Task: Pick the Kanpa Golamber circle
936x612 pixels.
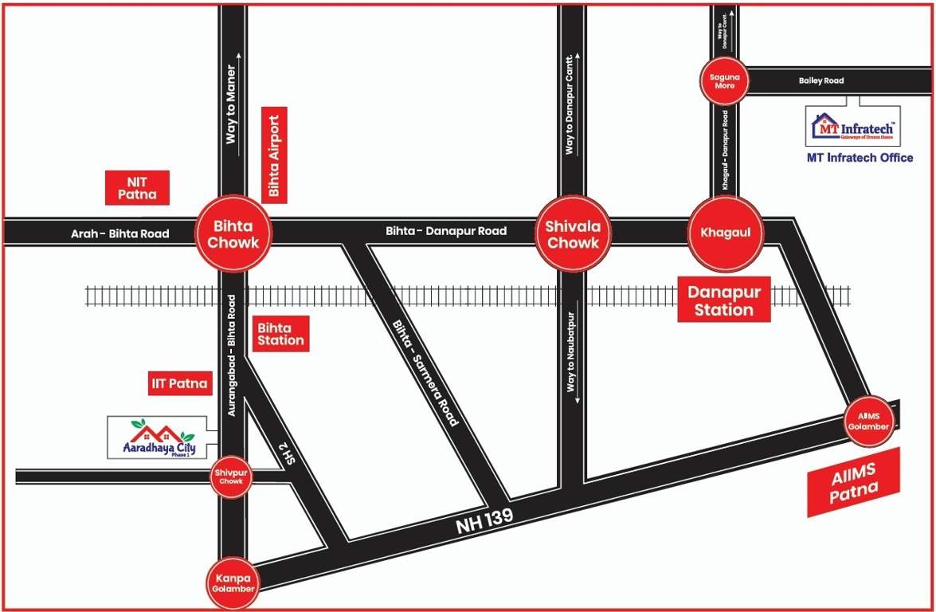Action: click(233, 583)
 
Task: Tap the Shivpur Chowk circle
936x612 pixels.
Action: click(231, 477)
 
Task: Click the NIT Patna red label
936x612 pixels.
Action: click(137, 188)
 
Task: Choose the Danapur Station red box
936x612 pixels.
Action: click(723, 300)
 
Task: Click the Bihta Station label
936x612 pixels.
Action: click(280, 334)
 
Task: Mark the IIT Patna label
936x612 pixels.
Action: click(180, 383)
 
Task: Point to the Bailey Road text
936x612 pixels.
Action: click(820, 80)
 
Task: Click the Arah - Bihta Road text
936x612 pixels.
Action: click(119, 233)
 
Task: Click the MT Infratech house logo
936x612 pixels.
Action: click(852, 125)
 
